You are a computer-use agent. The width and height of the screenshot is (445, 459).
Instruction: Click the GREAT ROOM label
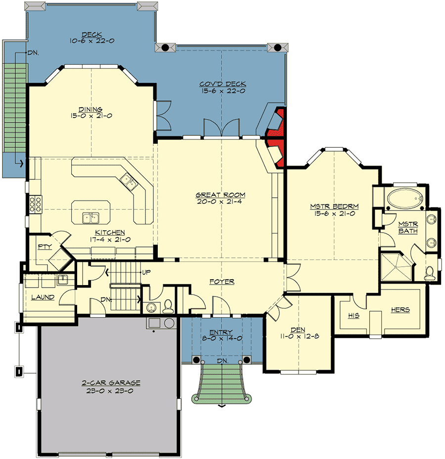tap(221, 195)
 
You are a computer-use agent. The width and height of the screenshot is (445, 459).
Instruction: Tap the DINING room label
tap(90, 109)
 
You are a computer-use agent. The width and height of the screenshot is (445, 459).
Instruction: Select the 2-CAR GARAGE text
tap(111, 382)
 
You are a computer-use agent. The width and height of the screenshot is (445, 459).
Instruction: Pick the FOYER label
tap(222, 282)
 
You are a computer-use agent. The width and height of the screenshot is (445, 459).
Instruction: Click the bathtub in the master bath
tap(405, 199)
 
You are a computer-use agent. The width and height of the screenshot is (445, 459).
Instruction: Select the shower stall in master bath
tap(396, 267)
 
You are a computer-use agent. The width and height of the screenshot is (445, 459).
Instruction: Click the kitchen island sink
tap(91, 217)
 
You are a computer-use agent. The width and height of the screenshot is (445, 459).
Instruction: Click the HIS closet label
tap(353, 316)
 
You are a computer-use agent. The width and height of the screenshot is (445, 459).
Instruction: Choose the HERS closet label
tap(400, 309)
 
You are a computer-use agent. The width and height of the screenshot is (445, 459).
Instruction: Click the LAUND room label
tap(43, 297)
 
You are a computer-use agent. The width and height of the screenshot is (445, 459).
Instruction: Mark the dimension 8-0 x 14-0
tap(222, 338)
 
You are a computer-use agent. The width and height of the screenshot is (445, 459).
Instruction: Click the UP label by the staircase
tap(146, 272)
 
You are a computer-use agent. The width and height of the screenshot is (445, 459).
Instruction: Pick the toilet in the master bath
tap(430, 272)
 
